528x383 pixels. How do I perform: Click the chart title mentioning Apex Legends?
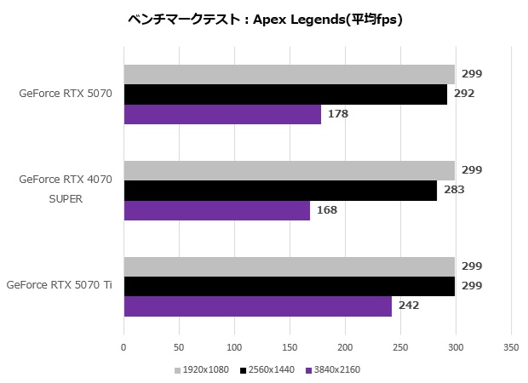click(263, 20)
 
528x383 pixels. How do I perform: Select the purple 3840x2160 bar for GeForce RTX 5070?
click(222, 114)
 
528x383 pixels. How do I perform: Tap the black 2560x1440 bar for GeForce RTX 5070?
click(285, 94)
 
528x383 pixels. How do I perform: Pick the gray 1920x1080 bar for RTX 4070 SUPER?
click(290, 171)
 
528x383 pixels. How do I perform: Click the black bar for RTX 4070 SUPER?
click(280, 191)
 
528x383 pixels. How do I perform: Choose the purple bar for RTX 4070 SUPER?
click(217, 210)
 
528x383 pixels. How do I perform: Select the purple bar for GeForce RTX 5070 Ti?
click(258, 306)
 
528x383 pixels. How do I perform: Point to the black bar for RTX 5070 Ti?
click(290, 287)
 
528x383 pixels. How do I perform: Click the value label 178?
click(338, 114)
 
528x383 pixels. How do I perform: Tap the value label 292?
click(464, 94)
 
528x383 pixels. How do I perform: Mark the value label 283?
click(454, 191)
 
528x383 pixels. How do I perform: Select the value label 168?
click(327, 210)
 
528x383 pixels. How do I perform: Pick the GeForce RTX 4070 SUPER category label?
click(65, 190)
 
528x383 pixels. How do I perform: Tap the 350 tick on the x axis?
click(511, 348)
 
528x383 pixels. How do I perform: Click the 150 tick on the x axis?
click(290, 348)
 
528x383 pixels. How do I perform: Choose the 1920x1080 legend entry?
click(202, 370)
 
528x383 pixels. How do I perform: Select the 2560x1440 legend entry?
click(269, 370)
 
